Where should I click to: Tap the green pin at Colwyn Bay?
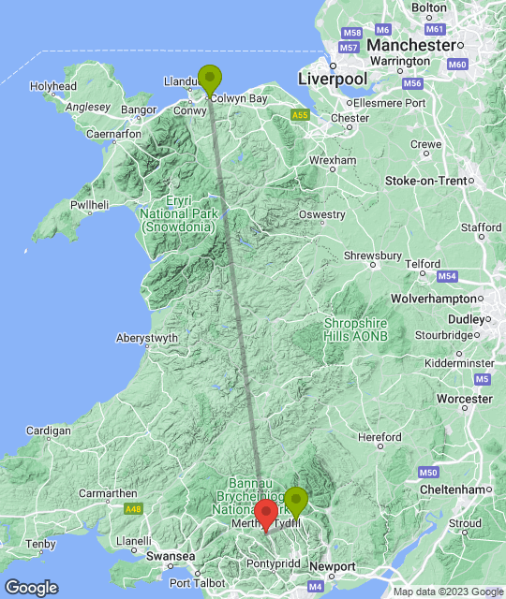point(211,77)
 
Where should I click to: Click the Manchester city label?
point(410,45)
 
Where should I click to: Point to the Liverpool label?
point(329,80)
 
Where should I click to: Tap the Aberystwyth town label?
point(146,338)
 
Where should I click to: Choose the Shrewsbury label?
point(373,256)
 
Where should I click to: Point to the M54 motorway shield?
point(447,276)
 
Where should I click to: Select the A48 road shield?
point(134,509)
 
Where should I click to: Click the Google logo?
point(31,587)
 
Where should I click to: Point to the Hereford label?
point(379,437)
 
